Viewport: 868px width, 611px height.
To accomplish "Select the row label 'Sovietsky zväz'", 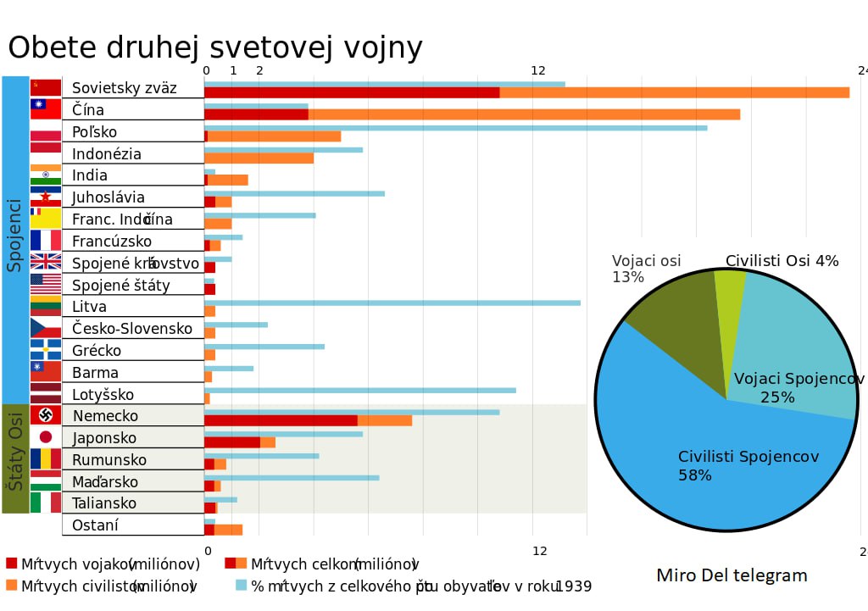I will point(124,88).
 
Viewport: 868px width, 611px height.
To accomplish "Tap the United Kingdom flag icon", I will point(46,262).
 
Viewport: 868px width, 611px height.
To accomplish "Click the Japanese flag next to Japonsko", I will point(46,437).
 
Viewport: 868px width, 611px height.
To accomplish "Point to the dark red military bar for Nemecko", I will point(281,420).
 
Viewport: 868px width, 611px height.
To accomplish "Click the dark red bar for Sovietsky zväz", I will point(352,92).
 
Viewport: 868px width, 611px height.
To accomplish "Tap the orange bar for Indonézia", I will point(259,158).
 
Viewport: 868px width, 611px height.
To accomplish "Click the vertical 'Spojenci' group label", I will point(14,235).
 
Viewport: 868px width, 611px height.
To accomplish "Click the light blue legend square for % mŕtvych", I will point(241,585).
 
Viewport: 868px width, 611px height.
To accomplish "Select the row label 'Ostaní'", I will point(95,525).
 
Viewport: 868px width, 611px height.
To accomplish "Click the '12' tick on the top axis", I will point(538,71).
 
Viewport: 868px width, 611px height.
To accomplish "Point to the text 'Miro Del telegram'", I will point(732,576).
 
